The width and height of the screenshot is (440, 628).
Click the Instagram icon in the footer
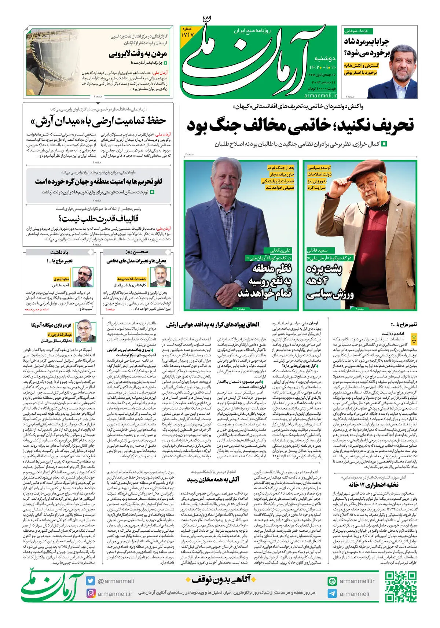(x=91, y=594)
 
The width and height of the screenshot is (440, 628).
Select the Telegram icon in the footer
(x=332, y=594)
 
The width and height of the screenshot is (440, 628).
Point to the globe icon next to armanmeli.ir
(x=332, y=581)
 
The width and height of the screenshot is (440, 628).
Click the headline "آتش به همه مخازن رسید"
(x=213, y=479)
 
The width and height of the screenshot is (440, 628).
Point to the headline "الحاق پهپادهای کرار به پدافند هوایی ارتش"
(x=213, y=324)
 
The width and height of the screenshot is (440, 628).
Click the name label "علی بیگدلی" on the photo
(x=280, y=250)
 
